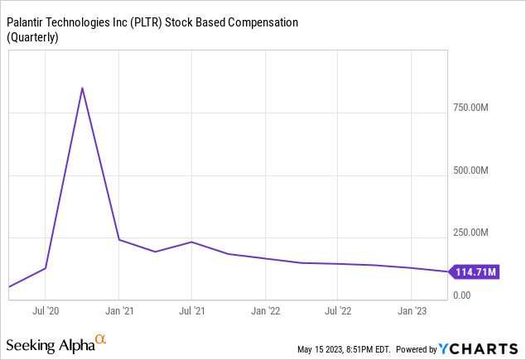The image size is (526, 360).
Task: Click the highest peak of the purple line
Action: tap(82, 88)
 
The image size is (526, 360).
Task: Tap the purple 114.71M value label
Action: tap(473, 271)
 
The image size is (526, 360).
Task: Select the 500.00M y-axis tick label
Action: tap(471, 170)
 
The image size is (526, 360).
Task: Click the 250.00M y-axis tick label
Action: tap(471, 233)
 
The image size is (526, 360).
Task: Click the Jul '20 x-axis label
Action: tap(46, 311)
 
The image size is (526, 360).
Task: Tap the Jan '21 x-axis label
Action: tap(119, 311)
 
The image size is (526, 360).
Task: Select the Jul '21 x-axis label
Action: tap(192, 311)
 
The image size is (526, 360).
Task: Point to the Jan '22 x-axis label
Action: tap(265, 311)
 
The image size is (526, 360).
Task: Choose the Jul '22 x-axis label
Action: tap(338, 311)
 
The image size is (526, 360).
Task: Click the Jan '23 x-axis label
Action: tap(412, 311)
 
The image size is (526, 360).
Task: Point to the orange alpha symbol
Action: tap(101, 339)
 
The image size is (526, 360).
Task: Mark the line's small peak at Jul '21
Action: tap(192, 242)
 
